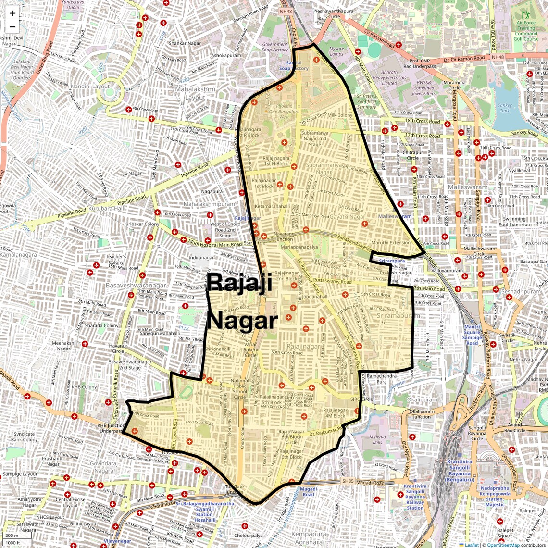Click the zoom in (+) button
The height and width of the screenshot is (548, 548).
click(x=12, y=13)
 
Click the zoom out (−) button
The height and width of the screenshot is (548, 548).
click(x=12, y=26)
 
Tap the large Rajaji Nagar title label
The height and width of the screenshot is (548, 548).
click(x=241, y=301)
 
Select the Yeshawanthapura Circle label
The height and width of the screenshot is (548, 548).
click(x=334, y=13)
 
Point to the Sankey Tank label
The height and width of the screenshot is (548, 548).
click(x=505, y=107)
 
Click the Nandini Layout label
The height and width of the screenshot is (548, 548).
click(x=94, y=87)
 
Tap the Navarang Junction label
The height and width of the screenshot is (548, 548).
click(x=284, y=236)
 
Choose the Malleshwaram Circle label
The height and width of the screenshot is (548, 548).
click(x=479, y=251)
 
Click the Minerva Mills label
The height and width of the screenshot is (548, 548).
click(x=377, y=440)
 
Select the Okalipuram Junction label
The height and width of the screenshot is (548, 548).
click(x=422, y=414)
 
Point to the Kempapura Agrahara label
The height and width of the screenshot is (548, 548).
click(x=309, y=538)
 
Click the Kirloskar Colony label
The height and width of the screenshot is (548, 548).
click(x=142, y=224)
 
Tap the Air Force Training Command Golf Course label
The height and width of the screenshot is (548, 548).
click(x=526, y=31)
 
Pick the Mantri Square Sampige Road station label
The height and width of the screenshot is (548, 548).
click(x=472, y=335)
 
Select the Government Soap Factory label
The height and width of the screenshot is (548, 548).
click(x=275, y=47)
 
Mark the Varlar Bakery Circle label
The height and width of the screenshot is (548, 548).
click(x=251, y=350)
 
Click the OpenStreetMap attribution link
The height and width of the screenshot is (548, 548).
click(x=503, y=545)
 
